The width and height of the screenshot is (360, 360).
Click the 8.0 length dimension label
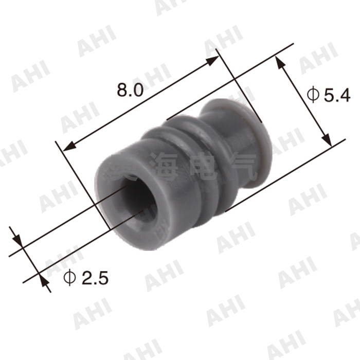(129, 91)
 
